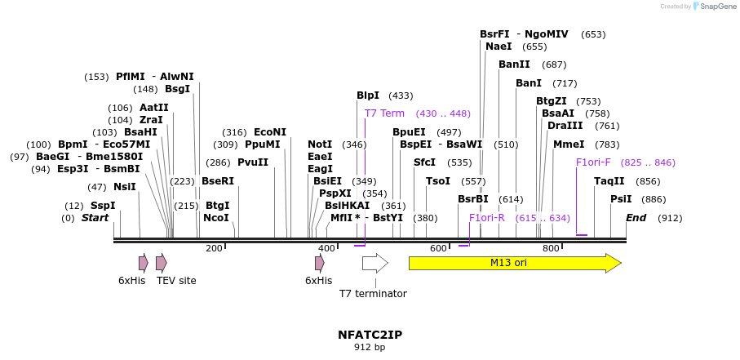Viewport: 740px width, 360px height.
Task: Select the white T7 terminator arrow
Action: click(x=374, y=263)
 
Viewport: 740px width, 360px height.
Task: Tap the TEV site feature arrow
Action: click(x=162, y=263)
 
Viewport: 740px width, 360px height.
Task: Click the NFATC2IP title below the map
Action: click(x=370, y=335)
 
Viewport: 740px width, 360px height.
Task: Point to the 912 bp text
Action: click(x=370, y=348)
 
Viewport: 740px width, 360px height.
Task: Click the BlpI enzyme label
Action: click(x=368, y=96)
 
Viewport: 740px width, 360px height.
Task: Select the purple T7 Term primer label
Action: click(x=384, y=113)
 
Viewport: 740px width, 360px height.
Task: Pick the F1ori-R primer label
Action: click(x=487, y=218)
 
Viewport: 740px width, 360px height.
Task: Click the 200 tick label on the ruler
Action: click(x=214, y=248)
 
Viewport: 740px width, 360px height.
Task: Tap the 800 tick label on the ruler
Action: click(x=551, y=248)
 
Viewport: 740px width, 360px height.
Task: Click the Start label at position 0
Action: click(x=95, y=218)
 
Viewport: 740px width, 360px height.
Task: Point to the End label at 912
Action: click(x=636, y=218)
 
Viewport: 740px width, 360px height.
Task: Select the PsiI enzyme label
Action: click(x=621, y=199)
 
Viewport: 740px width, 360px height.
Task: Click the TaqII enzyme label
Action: click(x=609, y=181)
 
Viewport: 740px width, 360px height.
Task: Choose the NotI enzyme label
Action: click(x=320, y=144)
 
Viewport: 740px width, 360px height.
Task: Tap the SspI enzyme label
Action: click(x=103, y=206)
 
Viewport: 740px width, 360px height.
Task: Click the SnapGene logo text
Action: click(x=716, y=7)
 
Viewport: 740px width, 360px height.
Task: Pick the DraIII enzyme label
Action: click(x=565, y=126)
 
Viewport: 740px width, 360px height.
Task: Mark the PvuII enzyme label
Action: click(x=253, y=162)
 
